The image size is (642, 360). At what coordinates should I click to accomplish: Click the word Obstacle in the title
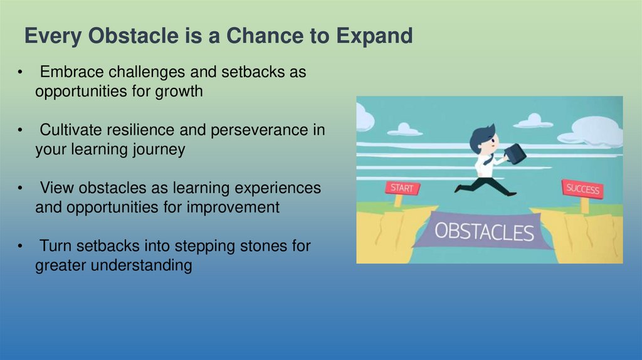point(133,35)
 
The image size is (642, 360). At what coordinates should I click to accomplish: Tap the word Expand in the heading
point(374,36)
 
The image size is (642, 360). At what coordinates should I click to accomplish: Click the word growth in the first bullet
point(179,92)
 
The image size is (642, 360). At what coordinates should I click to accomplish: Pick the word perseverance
point(259,130)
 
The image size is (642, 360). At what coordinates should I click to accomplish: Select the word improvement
point(233,207)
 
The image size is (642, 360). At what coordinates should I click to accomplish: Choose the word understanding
point(141,265)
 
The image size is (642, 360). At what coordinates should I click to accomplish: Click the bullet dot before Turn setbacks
point(20,246)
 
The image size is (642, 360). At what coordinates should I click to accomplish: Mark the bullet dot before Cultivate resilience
point(20,130)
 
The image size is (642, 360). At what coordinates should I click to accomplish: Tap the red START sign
point(402,188)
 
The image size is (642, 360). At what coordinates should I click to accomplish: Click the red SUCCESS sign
point(582,189)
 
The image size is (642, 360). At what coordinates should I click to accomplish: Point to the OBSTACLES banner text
point(484,231)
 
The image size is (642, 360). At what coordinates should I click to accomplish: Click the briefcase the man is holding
point(515,154)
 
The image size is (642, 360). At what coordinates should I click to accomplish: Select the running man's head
point(484,139)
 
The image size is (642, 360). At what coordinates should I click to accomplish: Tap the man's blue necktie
point(488,159)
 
